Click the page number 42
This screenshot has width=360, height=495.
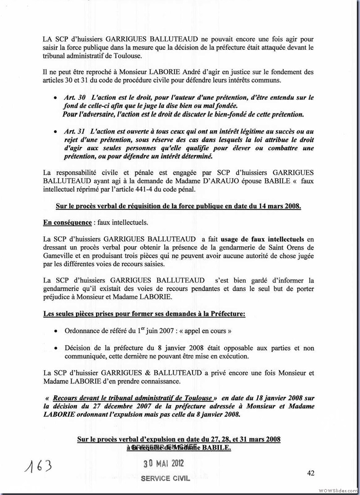tap(310, 472)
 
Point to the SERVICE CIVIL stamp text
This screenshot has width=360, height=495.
tap(165, 479)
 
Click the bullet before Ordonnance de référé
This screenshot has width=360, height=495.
tap(54, 331)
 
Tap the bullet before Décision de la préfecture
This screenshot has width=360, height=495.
tap(54, 348)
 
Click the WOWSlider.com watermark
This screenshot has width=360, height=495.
tap(338, 490)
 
